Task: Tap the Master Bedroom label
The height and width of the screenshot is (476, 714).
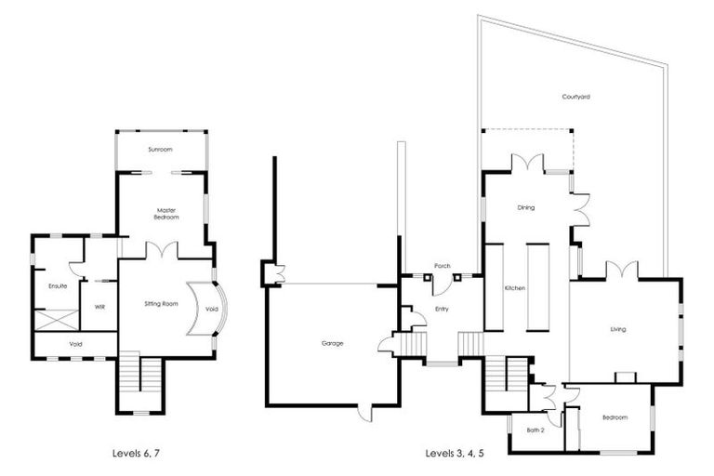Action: coord(165,214)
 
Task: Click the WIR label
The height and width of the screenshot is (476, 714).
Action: coord(99,307)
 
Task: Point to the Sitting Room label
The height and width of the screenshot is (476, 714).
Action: coord(162,304)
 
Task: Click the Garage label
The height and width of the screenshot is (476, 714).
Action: coord(332,343)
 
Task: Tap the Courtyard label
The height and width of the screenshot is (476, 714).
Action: coord(576,97)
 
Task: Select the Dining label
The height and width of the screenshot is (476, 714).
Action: coord(525,207)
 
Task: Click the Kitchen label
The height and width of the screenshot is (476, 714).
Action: coord(515,288)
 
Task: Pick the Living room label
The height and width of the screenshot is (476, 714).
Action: coord(618,329)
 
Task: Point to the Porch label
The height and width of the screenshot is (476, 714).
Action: coord(443,266)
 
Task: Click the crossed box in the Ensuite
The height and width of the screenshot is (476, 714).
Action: coord(57,319)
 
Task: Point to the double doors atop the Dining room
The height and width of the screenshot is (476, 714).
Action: coord(526,164)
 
